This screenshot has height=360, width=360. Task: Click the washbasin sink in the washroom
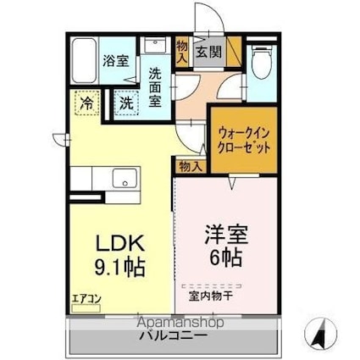pos(153,47)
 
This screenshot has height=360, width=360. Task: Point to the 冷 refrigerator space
pos(87,103)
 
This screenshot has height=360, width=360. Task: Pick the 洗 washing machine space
pos(125,103)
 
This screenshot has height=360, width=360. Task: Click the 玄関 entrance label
pos(208,52)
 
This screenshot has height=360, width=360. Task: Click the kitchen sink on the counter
pos(125,178)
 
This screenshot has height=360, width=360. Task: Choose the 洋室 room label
pos(224,230)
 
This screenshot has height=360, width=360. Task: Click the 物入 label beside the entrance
pos(182,50)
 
